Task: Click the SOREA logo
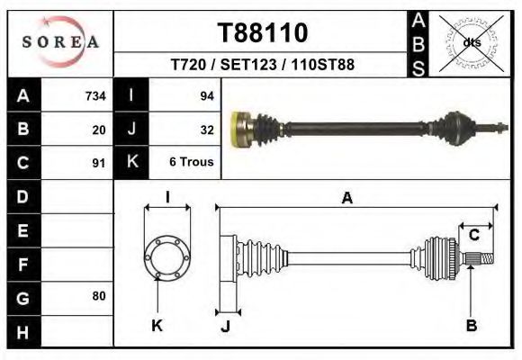pyautogui.click(x=60, y=42)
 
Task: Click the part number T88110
pyautogui.click(x=263, y=33)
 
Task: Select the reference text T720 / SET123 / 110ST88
pyautogui.click(x=263, y=66)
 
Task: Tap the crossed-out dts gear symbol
pyautogui.click(x=471, y=41)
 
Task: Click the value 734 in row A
pyautogui.click(x=94, y=96)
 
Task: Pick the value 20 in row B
pyautogui.click(x=98, y=130)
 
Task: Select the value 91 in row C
pyautogui.click(x=98, y=164)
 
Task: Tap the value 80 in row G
pyautogui.click(x=98, y=296)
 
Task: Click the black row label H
pyautogui.click(x=22, y=332)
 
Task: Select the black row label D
pyautogui.click(x=22, y=195)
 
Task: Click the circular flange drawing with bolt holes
pyautogui.click(x=167, y=256)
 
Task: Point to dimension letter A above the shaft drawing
pyautogui.click(x=346, y=199)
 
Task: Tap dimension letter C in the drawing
pyautogui.click(x=473, y=235)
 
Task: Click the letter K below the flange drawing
pyautogui.click(x=156, y=325)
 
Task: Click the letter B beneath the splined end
pyautogui.click(x=471, y=325)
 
